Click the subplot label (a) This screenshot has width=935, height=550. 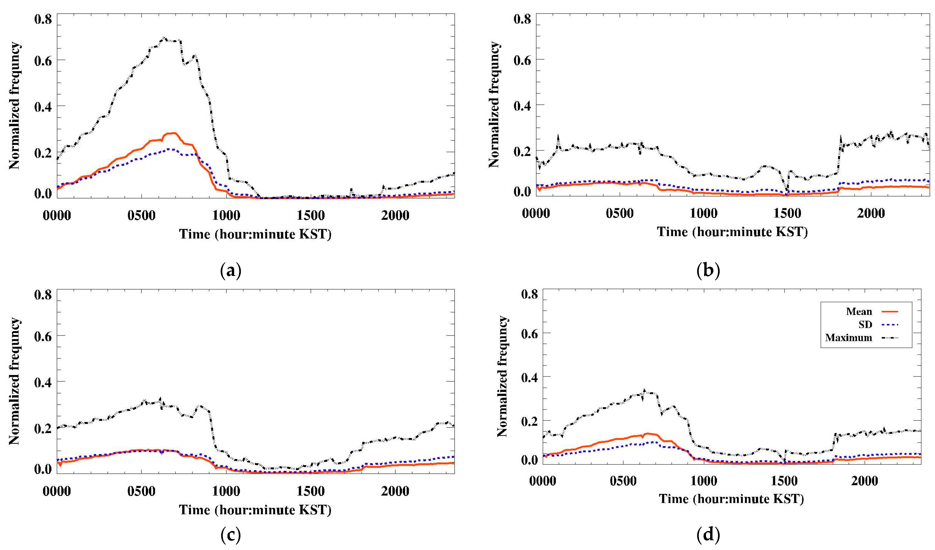coord(231,271)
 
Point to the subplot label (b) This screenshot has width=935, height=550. coord(708,271)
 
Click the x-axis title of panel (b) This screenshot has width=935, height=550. coord(732,232)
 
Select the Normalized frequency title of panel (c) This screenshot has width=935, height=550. coord(14,382)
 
